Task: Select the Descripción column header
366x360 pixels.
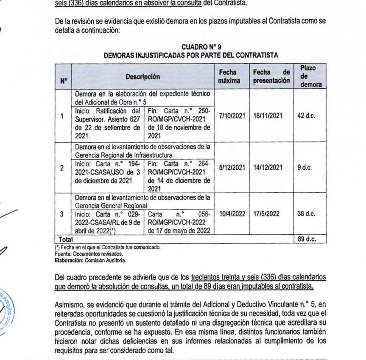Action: coord(142,77)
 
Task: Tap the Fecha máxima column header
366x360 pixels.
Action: coord(229,77)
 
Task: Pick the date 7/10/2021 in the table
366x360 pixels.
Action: coord(232,115)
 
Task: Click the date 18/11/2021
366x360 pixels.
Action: coord(268,115)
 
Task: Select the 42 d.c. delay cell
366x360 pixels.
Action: coord(306,115)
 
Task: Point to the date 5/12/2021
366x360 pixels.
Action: coord(232,167)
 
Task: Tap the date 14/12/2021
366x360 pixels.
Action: coord(268,167)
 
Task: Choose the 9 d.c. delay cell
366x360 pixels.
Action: coord(305,167)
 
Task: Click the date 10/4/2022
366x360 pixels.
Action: coord(232,214)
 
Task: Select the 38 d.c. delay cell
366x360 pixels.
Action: coord(306,214)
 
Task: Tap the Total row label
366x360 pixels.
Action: coord(66,239)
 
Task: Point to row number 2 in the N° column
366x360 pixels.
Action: coord(62,168)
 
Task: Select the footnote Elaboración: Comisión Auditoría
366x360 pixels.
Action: coord(90,260)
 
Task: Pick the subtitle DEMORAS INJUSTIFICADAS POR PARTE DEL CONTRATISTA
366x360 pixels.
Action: coord(190,55)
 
